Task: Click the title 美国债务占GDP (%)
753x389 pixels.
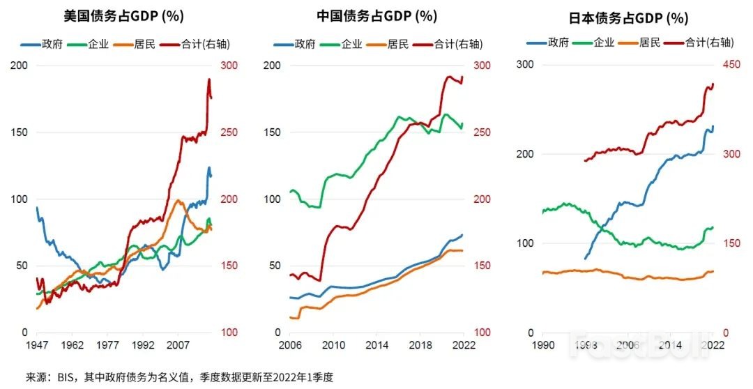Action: (124, 16)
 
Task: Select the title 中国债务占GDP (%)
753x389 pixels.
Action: (374, 16)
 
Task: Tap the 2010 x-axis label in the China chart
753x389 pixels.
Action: (333, 345)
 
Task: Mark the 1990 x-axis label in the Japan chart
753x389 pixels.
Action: (542, 345)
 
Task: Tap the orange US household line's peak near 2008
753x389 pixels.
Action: (178, 201)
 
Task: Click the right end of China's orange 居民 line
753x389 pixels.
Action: (462, 250)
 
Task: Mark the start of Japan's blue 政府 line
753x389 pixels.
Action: (585, 259)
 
